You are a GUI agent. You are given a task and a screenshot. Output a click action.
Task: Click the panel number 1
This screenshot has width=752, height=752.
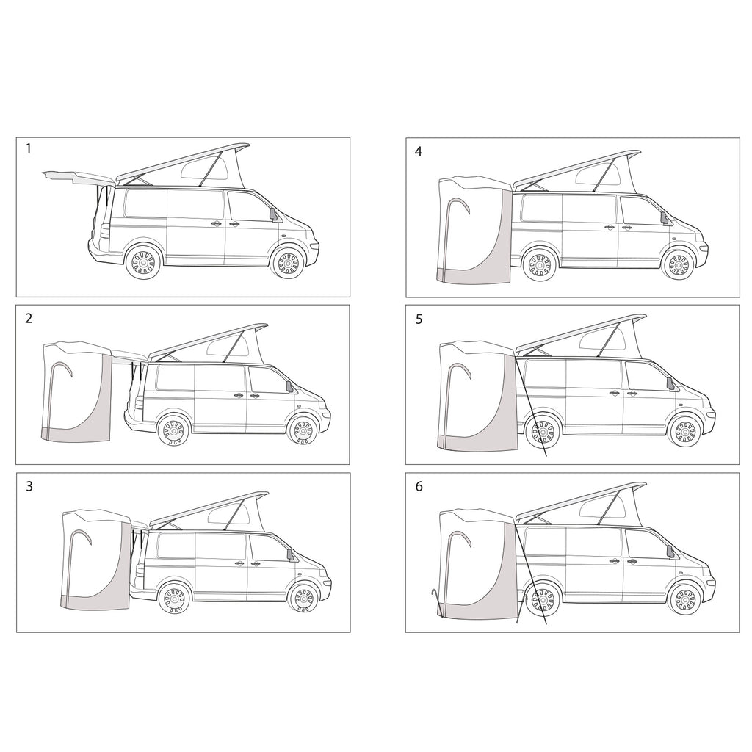[29, 148]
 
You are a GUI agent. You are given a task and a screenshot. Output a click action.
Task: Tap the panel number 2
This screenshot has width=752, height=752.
[29, 318]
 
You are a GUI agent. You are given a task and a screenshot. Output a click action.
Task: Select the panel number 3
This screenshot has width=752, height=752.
[29, 486]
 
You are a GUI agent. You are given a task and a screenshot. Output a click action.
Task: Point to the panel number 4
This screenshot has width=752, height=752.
[419, 151]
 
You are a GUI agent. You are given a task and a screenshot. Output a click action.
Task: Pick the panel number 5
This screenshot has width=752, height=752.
[419, 319]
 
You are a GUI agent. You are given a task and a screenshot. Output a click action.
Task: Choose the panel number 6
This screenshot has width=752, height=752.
[419, 487]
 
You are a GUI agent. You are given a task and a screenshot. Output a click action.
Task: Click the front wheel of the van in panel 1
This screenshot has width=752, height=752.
[289, 263]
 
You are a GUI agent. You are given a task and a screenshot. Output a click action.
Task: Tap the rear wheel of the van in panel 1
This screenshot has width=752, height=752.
[143, 263]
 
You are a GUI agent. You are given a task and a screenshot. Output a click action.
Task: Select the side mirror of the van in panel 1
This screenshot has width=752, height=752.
[275, 214]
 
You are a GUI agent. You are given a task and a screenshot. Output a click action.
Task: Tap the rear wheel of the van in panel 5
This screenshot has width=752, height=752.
[543, 433]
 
